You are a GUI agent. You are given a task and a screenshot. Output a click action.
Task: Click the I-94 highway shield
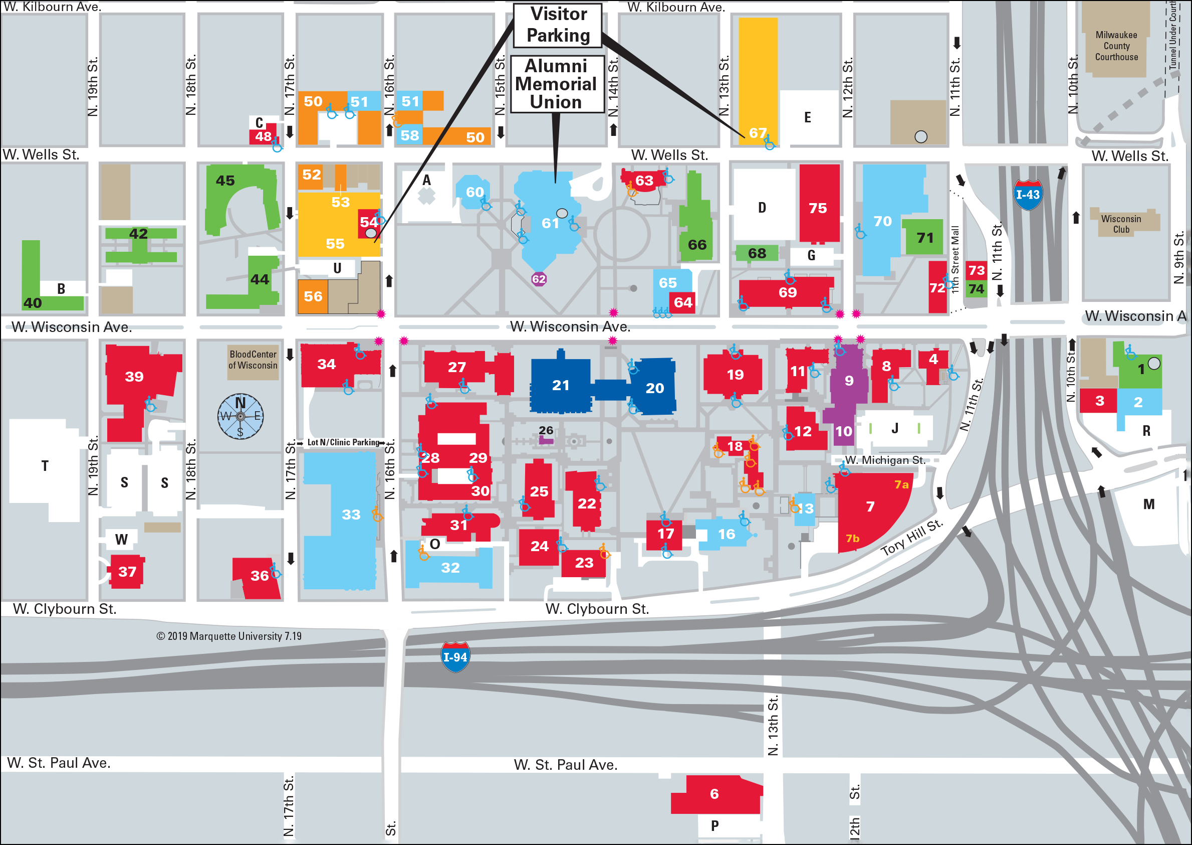455,656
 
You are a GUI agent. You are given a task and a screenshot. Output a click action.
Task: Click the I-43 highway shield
1028,195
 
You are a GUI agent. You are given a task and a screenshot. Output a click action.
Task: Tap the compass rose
240,416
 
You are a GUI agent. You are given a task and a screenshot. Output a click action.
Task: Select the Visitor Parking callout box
558,25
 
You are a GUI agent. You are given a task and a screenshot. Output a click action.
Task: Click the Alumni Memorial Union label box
557,84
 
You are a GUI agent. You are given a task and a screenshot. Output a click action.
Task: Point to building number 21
560,386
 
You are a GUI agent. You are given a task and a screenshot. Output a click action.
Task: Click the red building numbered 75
818,208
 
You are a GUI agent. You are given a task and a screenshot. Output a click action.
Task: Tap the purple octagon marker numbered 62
539,279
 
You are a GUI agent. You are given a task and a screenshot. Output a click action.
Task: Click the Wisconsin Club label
1121,224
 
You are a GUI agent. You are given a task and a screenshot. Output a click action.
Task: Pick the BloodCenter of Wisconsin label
253,360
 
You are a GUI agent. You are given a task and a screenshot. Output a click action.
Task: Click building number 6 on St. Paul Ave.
714,794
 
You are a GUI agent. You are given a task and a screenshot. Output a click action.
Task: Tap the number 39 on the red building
134,376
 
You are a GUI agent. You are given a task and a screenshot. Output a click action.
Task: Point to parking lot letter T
45,466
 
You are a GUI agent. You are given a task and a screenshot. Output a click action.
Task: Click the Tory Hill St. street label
912,538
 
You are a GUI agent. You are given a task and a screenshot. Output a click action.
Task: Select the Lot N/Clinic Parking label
344,442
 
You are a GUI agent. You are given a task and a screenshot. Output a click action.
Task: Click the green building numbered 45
225,181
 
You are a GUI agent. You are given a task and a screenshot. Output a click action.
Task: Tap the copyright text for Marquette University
229,636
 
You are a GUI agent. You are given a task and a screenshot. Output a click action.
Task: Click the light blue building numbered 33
351,515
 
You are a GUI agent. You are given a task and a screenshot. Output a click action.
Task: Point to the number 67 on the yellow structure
758,133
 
